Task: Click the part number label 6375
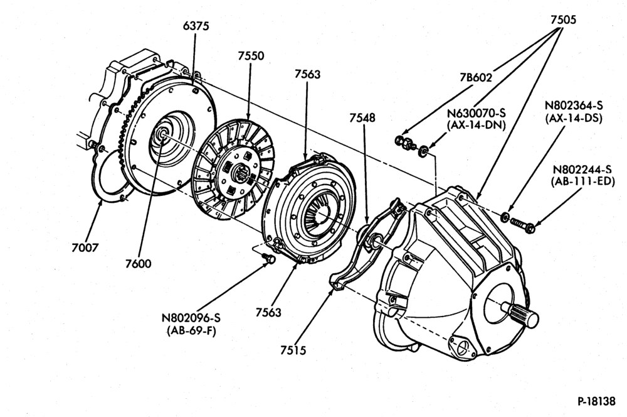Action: (x=196, y=26)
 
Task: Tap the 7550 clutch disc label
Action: (x=251, y=56)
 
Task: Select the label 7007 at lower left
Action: (x=85, y=248)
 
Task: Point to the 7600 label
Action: (x=139, y=264)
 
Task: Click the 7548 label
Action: (x=362, y=118)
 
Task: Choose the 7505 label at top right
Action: (x=564, y=19)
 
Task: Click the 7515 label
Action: (x=293, y=350)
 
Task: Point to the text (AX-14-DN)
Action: (x=477, y=124)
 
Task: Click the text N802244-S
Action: (x=582, y=170)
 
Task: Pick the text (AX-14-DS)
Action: (x=574, y=118)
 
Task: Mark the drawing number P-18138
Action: (x=596, y=401)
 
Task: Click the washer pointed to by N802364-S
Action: (x=505, y=217)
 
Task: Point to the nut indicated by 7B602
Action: (x=404, y=142)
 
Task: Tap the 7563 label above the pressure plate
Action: (x=307, y=74)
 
